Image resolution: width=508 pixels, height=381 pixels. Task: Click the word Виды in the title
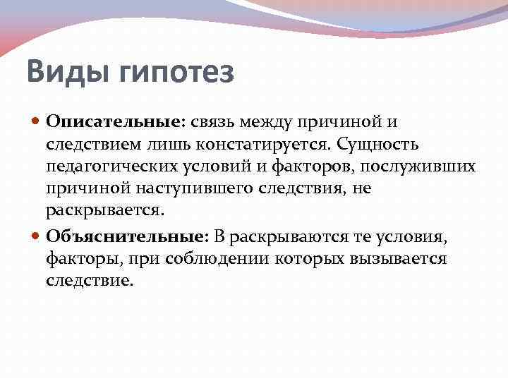tap(62, 73)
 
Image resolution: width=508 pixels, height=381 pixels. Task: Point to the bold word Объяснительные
tap(126, 236)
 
